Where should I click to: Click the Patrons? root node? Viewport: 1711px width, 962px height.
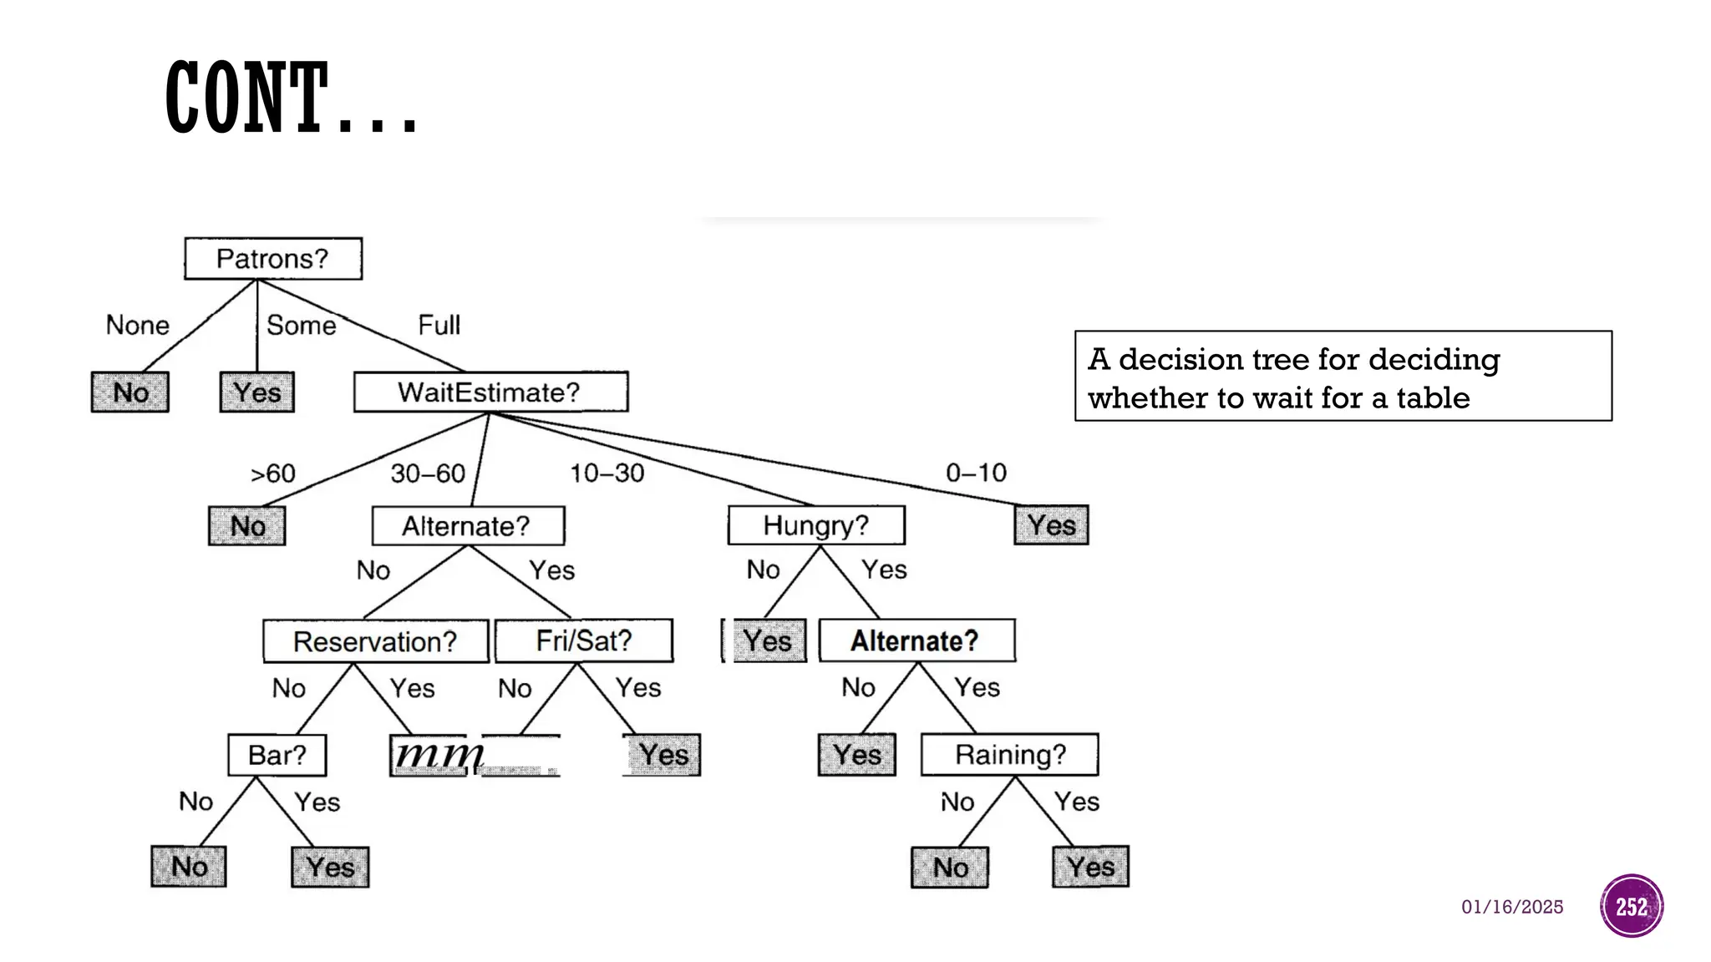coord(273,259)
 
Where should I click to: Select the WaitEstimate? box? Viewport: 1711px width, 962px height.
coord(490,392)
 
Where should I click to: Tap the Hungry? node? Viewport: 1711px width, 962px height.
coord(816,525)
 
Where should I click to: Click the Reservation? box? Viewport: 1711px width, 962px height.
coord(375,641)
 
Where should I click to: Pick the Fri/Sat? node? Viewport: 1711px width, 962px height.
coord(584,640)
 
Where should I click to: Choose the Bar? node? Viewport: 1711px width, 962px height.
coord(277,755)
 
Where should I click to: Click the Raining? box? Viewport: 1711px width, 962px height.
coord(1009,755)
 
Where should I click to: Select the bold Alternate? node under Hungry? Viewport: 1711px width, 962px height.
coord(916,640)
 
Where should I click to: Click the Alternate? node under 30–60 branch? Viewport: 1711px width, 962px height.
coord(467,526)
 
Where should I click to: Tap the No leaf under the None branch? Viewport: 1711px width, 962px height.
coord(130,392)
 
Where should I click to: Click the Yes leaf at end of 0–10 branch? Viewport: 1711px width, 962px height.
coord(1051,525)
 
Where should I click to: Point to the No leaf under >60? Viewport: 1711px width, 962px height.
coord(247,526)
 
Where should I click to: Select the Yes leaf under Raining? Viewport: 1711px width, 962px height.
coord(1090,867)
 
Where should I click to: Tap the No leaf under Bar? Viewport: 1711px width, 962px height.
coord(189,867)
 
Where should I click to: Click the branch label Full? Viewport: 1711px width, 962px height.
coord(439,325)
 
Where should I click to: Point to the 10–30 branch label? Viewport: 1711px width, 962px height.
coord(607,473)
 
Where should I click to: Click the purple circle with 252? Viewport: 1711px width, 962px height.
coord(1631,906)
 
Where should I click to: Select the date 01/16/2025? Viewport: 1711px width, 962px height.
coord(1511,907)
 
